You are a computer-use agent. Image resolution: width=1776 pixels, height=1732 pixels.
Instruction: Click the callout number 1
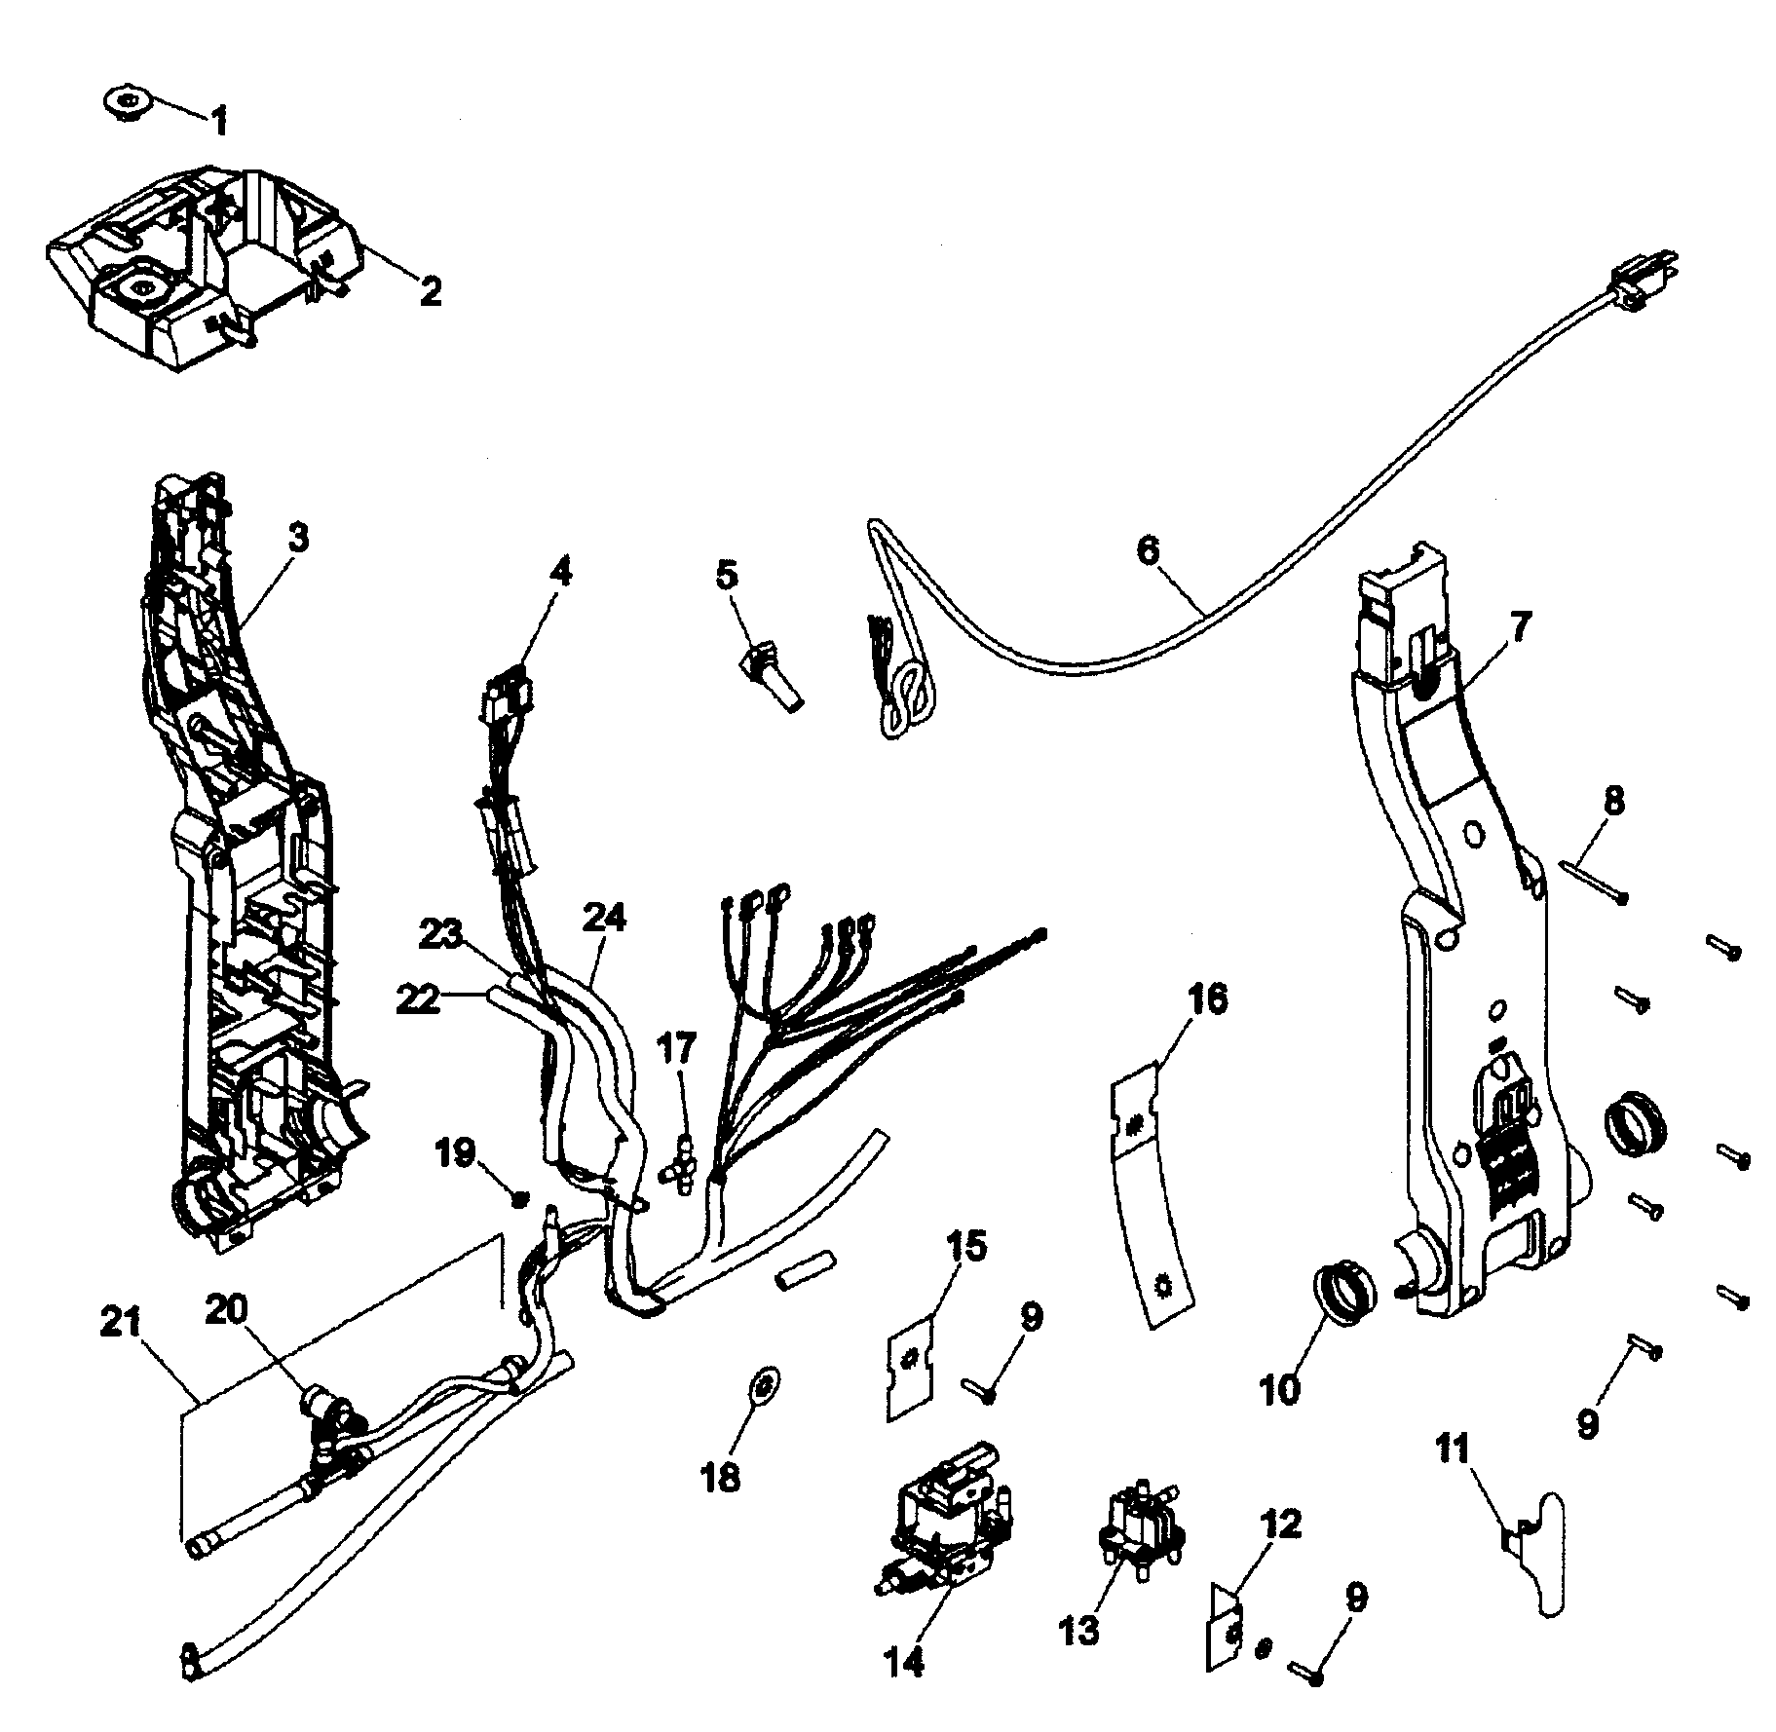click(x=220, y=123)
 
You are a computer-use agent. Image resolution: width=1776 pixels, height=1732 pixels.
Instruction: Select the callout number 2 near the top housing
click(x=429, y=290)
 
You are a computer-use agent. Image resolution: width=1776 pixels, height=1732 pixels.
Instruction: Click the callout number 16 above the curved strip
click(x=1206, y=1000)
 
